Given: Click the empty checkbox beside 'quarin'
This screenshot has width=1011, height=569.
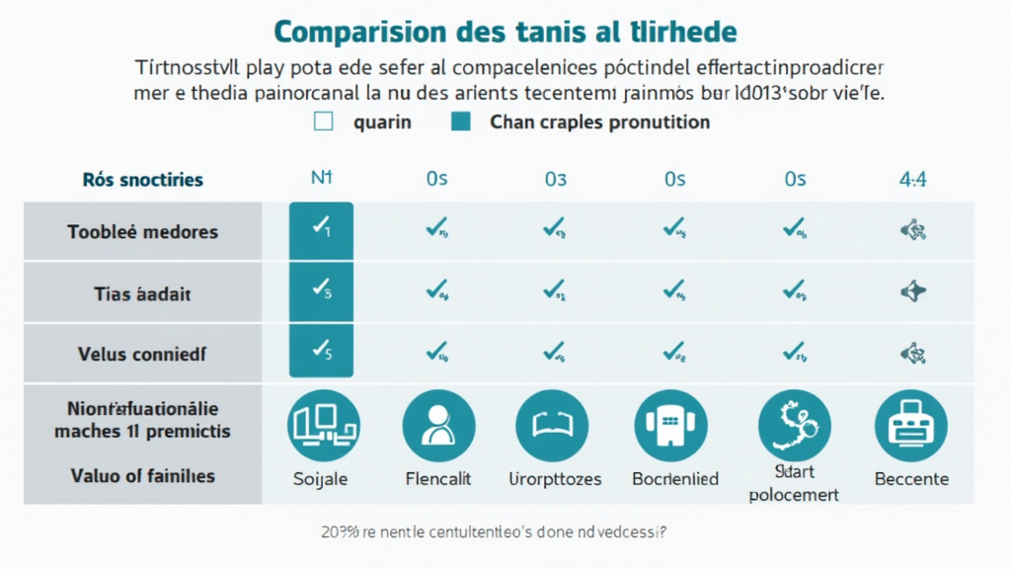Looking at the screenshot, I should [x=323, y=122].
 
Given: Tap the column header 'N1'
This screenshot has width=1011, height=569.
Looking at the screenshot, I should [x=321, y=179].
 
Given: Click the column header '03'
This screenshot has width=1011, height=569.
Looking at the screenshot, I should [x=555, y=179].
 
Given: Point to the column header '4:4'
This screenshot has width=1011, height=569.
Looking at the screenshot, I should [x=911, y=179].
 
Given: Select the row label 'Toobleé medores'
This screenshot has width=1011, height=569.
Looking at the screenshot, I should [x=142, y=232].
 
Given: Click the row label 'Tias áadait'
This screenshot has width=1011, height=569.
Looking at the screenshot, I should [x=142, y=293].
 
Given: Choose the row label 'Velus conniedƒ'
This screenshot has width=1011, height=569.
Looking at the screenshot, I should [x=142, y=353].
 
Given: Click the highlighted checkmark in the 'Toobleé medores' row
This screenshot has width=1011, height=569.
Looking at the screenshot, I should [x=321, y=229].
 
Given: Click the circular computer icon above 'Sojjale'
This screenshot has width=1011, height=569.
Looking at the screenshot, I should [x=323, y=426].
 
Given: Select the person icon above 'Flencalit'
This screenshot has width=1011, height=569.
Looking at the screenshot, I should [x=438, y=426].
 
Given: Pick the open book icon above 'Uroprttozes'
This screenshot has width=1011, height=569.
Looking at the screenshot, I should [x=552, y=426].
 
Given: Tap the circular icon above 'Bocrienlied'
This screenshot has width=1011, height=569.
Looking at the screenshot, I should [x=671, y=426].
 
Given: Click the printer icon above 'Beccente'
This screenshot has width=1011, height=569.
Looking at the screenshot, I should [x=910, y=426].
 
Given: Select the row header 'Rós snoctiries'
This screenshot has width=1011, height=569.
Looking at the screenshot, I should [x=143, y=180].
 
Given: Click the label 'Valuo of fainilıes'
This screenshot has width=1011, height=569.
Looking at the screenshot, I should [x=143, y=476].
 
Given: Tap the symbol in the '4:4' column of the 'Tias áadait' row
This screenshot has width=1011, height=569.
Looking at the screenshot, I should [x=911, y=291].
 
